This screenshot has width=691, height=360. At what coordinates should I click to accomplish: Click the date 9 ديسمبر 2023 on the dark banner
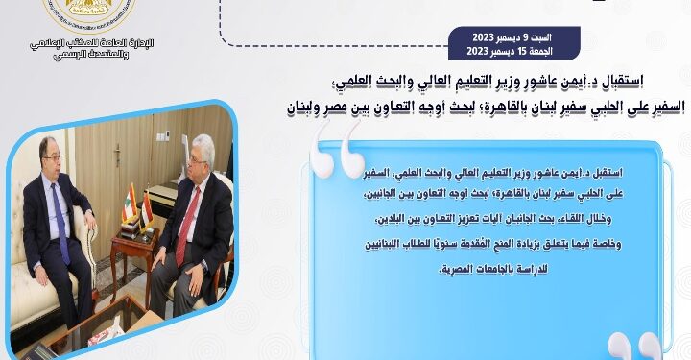tap(508, 38)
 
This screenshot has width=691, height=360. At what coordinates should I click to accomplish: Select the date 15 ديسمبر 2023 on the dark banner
tap(508, 51)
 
